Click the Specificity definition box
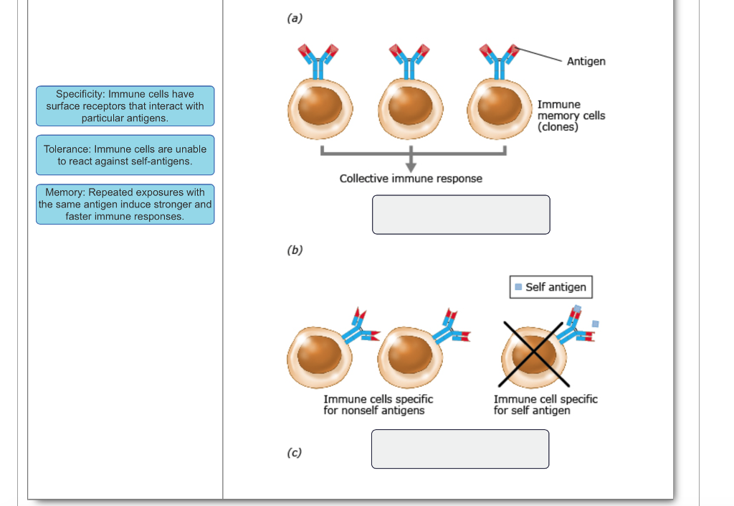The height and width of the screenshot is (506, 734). click(x=125, y=106)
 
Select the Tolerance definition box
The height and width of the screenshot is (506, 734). click(x=125, y=155)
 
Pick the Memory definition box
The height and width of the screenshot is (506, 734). click(x=125, y=205)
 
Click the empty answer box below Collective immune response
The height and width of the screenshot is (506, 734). click(x=461, y=215)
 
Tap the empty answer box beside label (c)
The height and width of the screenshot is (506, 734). click(x=460, y=449)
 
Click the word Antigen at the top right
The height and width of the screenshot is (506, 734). click(x=586, y=62)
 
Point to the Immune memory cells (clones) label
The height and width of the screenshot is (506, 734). click(x=571, y=116)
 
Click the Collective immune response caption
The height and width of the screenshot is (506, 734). click(x=411, y=179)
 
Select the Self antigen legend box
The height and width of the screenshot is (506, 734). click(x=551, y=287)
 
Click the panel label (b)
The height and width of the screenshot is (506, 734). click(x=294, y=250)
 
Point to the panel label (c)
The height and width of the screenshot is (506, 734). click(x=294, y=453)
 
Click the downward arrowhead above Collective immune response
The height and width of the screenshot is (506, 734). click(x=411, y=166)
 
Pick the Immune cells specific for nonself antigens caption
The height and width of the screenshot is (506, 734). click(x=378, y=405)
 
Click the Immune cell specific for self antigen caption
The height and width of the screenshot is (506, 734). click(x=545, y=405)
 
